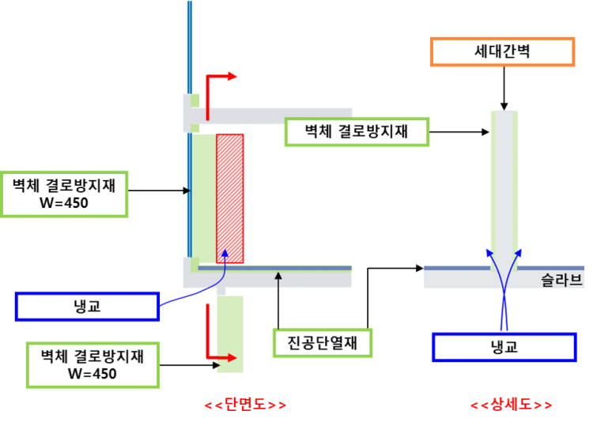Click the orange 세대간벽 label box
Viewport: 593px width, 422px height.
502,52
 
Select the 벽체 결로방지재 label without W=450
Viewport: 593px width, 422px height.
357,132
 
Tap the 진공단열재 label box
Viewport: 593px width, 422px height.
323,343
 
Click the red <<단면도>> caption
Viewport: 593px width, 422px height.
244,405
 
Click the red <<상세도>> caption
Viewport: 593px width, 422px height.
511,405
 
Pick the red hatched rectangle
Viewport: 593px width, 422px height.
230,198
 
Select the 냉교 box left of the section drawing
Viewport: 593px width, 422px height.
87,306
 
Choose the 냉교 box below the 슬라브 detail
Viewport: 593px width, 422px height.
504,347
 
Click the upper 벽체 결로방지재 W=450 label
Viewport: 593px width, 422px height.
64,194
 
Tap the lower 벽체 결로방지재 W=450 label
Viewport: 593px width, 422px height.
93,364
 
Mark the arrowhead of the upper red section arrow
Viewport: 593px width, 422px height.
233,76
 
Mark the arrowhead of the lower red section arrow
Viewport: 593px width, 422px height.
233,356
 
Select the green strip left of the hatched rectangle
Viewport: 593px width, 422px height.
204,198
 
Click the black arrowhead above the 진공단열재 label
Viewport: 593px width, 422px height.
278,275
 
